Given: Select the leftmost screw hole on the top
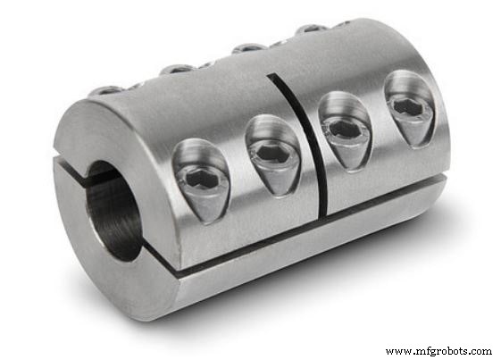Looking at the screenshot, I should pyautogui.click(x=106, y=90).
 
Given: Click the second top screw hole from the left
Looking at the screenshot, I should pyautogui.click(x=178, y=68).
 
